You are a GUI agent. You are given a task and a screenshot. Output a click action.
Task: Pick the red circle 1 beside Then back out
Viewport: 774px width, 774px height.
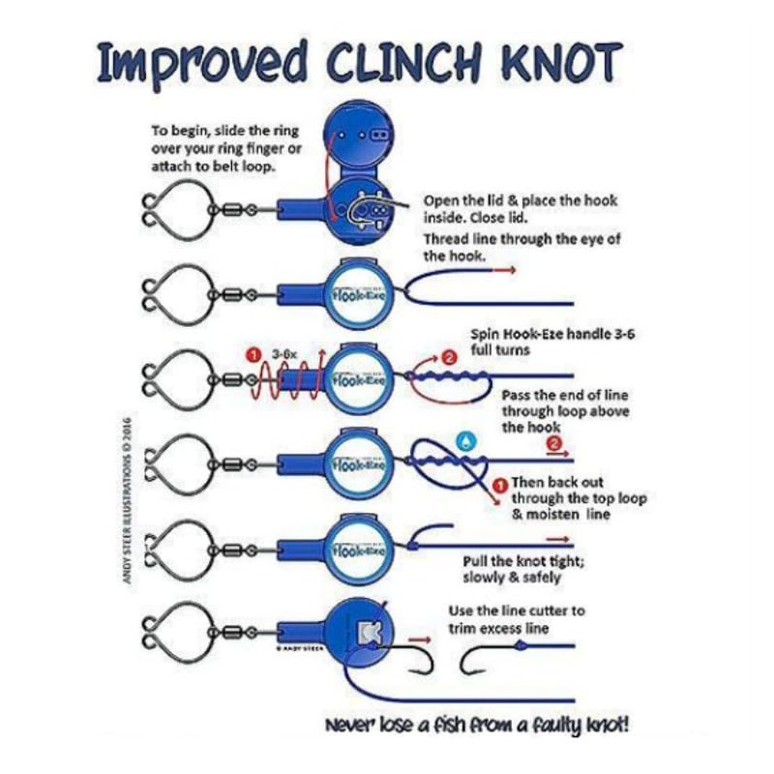point(500,483)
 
